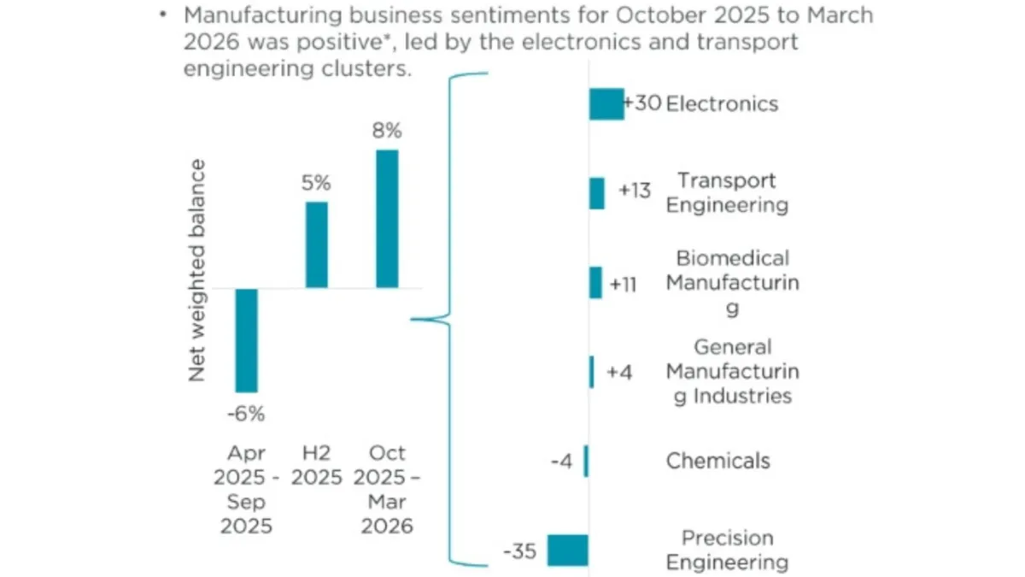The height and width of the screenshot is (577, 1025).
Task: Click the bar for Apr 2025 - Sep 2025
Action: click(246, 339)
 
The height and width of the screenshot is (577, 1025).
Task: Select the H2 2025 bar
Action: click(316, 244)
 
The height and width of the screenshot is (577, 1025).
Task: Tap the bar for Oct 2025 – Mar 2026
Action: click(387, 219)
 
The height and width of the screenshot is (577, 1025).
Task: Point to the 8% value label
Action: click(386, 132)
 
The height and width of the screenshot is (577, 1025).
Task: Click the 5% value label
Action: click(316, 183)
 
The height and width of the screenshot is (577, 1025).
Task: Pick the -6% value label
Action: click(246, 415)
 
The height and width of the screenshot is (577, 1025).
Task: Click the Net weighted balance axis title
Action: click(197, 270)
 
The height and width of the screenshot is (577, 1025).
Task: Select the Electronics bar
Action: click(606, 104)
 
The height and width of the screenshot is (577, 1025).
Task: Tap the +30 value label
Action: click(641, 103)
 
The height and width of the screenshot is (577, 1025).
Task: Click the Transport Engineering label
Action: click(727, 193)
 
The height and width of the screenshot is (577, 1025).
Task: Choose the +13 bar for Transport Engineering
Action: click(596, 193)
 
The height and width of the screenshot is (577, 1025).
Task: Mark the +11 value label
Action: click(624, 284)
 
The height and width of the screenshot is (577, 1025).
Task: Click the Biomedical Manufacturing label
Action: click(732, 283)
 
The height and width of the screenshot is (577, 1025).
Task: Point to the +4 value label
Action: click(619, 373)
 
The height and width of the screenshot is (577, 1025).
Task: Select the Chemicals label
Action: click(717, 462)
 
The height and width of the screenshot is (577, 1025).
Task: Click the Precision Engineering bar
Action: click(567, 551)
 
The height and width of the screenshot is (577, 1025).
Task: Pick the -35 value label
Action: click(519, 551)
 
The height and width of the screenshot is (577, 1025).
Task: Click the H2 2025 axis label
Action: click(316, 464)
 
